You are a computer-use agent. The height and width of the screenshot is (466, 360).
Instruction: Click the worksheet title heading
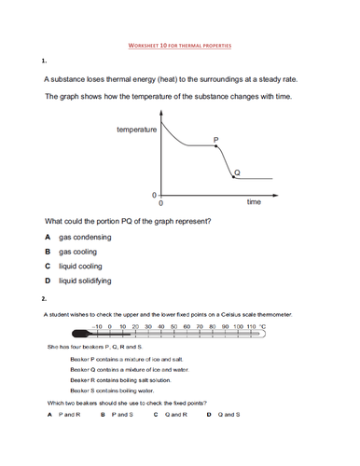coord(179,44)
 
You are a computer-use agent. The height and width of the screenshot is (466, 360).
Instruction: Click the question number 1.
coord(44,62)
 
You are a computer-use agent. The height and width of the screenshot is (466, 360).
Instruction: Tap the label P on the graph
coord(215,140)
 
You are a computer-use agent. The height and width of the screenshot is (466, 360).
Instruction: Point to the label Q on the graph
coord(236,172)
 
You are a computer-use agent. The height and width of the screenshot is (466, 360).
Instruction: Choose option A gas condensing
coord(79,238)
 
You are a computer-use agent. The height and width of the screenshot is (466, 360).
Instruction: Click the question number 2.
coord(44,299)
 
